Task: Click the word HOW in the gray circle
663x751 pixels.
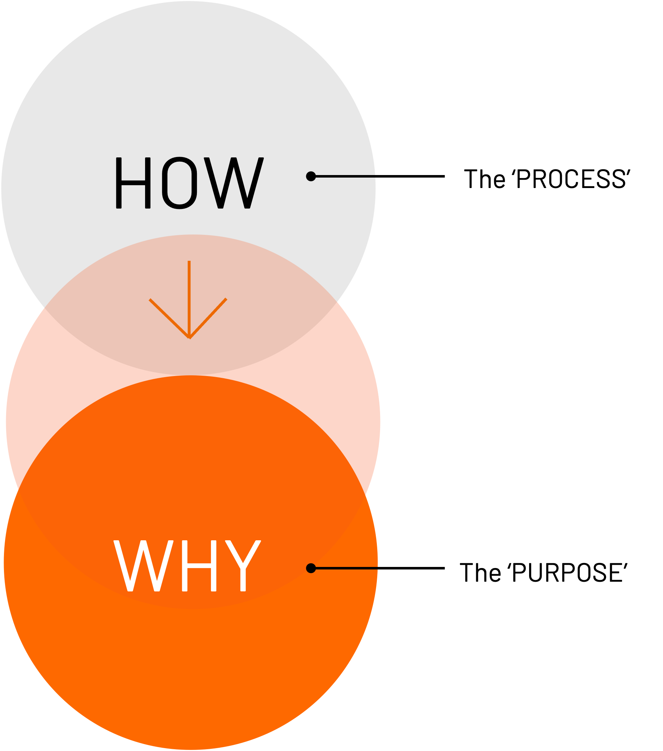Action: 190,183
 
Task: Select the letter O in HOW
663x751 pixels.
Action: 180,183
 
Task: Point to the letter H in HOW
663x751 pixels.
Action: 133,183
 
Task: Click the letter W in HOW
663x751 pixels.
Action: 234,183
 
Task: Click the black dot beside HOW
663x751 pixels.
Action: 311,176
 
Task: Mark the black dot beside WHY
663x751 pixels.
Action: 311,568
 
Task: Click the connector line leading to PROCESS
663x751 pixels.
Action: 380,176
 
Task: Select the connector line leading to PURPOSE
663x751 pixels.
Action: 380,568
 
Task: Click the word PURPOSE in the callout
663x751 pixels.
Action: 568,572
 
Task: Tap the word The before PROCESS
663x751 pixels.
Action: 484,179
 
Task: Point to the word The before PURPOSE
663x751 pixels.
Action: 481,572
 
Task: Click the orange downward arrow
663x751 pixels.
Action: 189,299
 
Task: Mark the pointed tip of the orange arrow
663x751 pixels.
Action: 189,338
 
